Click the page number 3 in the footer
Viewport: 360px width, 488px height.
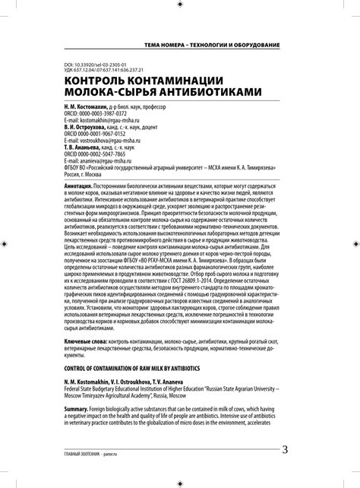click(x=285, y=448)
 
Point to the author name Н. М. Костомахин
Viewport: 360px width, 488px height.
click(x=84, y=107)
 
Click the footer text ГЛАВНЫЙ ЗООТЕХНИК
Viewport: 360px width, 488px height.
click(x=80, y=452)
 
